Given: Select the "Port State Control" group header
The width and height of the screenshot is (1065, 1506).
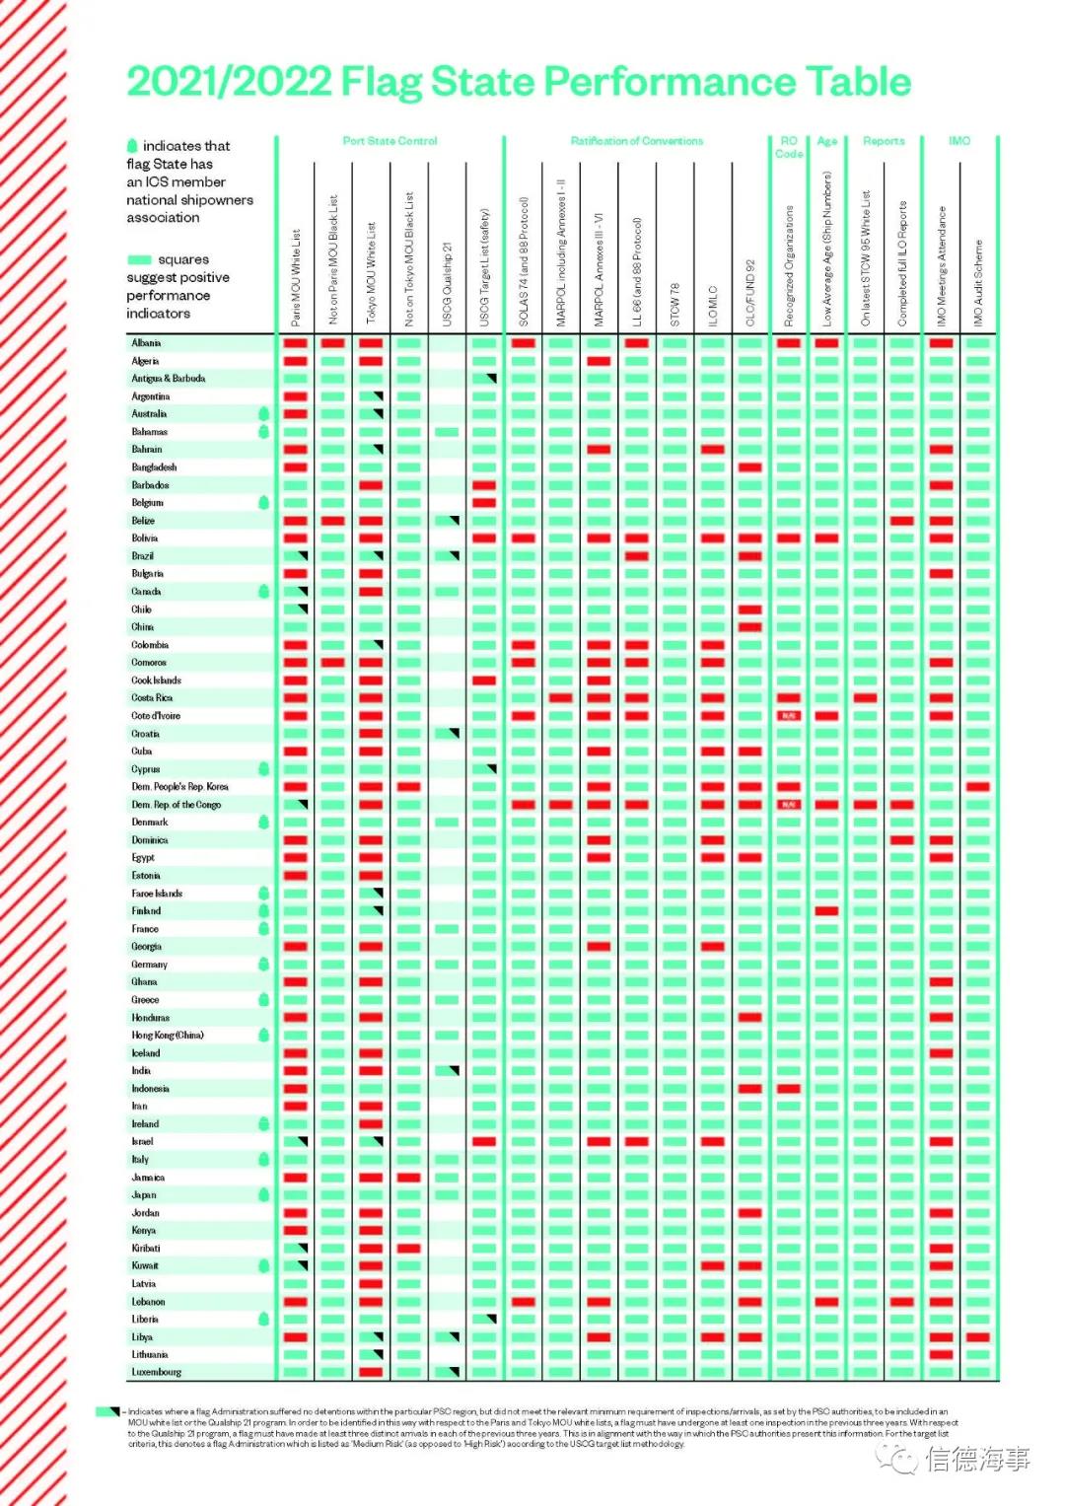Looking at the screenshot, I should [x=390, y=141].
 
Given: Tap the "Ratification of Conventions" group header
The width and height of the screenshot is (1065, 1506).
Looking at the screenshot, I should [x=636, y=141].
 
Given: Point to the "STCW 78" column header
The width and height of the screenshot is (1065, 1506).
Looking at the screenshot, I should [x=675, y=304].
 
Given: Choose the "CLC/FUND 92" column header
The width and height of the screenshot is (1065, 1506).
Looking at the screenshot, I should [x=750, y=293].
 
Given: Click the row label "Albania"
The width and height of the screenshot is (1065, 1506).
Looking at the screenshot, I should [x=146, y=343].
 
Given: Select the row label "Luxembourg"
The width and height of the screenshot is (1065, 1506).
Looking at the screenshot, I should [x=157, y=1372].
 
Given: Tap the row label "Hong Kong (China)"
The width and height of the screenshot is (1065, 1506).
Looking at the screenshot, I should [x=168, y=1035].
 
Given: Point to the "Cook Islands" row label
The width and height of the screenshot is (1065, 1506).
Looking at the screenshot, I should [x=157, y=681].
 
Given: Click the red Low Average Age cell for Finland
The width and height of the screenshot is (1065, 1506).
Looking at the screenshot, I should [x=826, y=911].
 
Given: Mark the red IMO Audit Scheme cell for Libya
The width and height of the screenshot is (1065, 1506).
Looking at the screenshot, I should [x=978, y=1337].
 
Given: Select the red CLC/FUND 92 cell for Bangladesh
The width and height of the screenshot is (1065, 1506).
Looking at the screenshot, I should [x=750, y=467].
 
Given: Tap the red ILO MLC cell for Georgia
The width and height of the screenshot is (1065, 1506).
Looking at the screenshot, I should [x=713, y=947].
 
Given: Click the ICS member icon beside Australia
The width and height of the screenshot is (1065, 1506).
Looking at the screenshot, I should [x=263, y=414].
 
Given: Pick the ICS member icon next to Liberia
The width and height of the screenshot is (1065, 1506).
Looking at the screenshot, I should [x=263, y=1319].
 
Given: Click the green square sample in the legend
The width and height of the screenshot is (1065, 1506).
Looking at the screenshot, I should [x=139, y=259].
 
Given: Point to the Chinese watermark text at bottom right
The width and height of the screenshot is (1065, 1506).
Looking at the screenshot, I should [x=976, y=1458].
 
